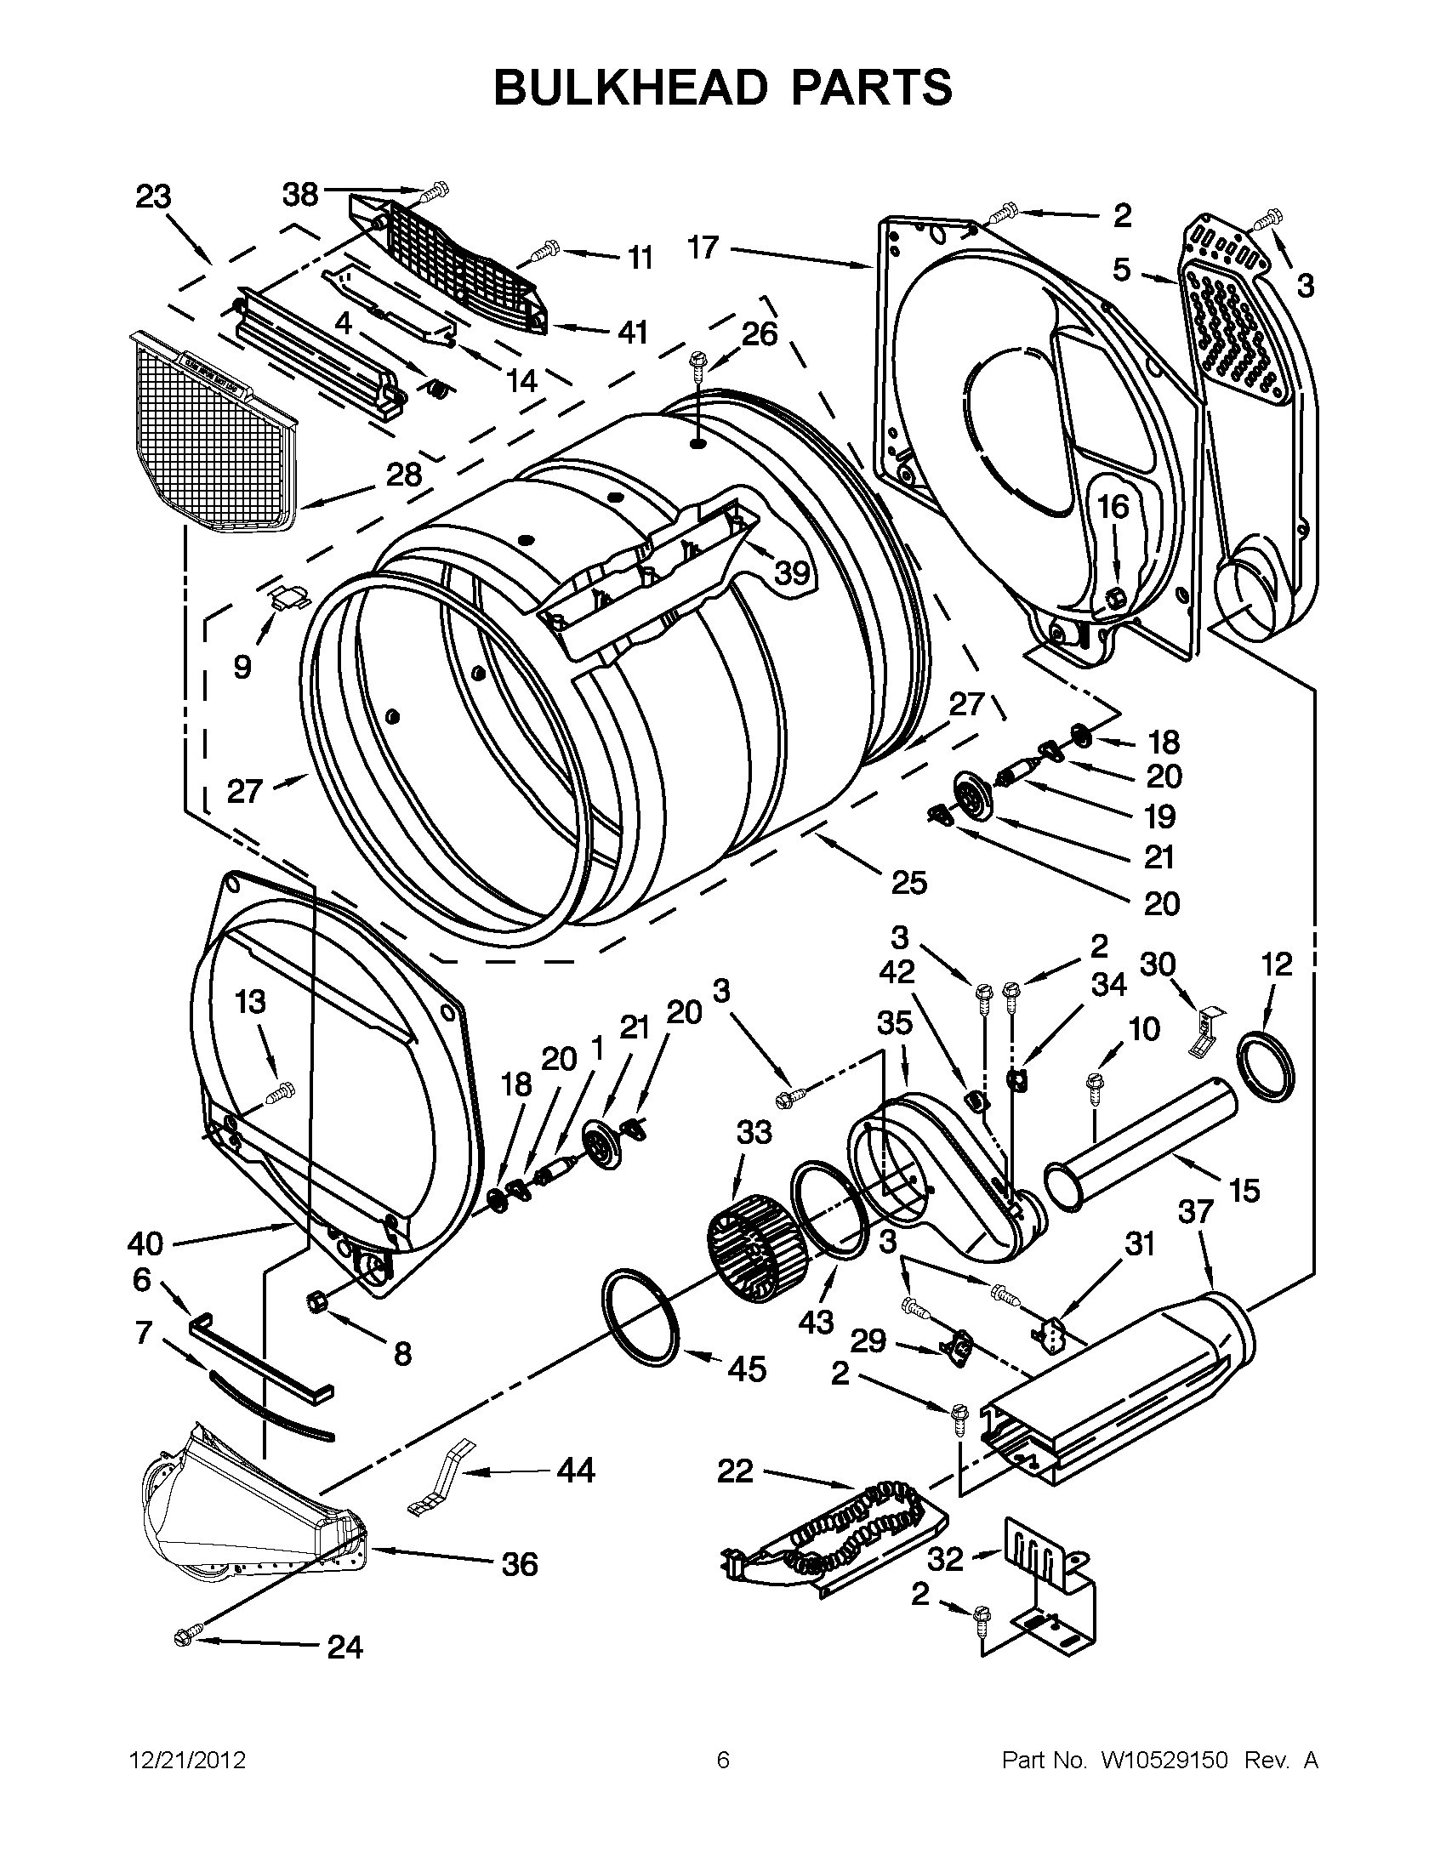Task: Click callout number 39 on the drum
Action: point(792,572)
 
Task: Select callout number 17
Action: point(703,248)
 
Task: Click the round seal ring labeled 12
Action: point(1266,1066)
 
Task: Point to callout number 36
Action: point(520,1563)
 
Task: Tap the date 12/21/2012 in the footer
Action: point(187,1761)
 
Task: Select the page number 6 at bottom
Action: point(722,1761)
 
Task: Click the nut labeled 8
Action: point(315,1300)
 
